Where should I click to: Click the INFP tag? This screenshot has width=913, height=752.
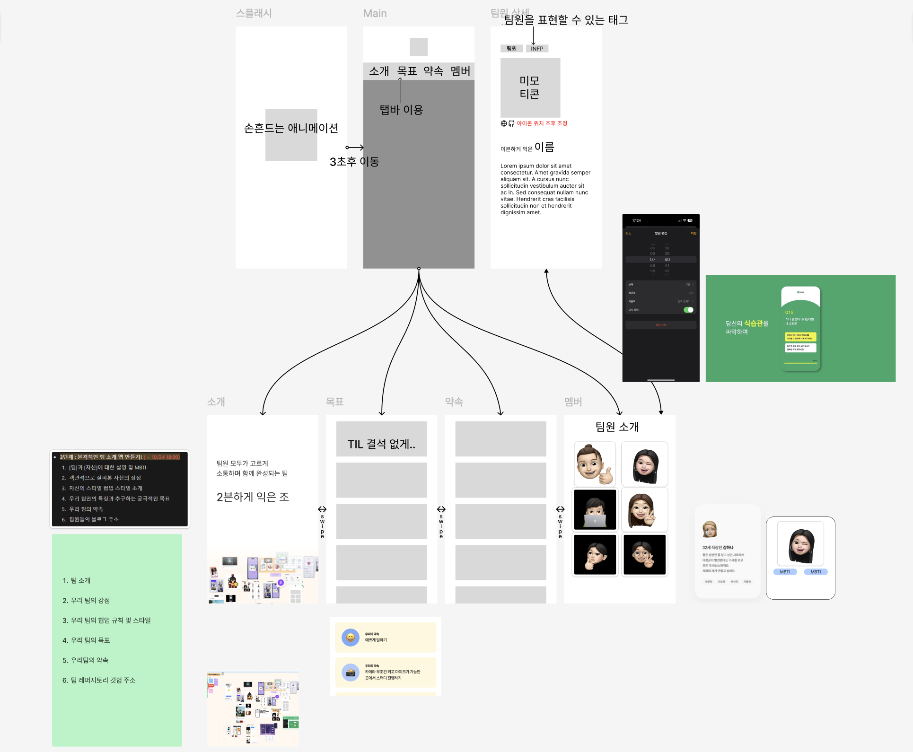point(537,49)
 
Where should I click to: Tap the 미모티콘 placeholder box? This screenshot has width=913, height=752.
point(530,87)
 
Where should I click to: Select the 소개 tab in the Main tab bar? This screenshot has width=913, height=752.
point(379,71)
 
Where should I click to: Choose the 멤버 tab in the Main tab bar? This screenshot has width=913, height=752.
point(460,71)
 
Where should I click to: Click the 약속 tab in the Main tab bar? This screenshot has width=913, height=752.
point(433,71)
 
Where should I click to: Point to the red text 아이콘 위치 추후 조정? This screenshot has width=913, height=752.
point(542,123)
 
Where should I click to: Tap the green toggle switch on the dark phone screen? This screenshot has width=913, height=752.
point(688,310)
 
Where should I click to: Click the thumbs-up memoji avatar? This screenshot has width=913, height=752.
point(595,464)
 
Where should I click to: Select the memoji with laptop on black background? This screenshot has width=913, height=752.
point(595,509)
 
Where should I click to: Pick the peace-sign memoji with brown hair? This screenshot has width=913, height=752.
point(644,509)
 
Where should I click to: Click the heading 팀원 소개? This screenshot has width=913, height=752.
point(617,427)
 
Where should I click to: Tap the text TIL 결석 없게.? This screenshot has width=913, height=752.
point(381,444)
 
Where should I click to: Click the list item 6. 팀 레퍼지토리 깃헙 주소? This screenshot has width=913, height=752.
point(99,680)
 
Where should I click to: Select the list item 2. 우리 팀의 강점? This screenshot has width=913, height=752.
point(86,600)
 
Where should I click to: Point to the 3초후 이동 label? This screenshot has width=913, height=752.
point(354,162)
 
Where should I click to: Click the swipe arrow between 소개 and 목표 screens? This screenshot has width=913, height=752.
point(322,509)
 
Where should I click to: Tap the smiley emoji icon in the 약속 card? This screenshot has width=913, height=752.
point(351,637)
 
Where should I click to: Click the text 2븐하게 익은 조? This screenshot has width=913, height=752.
point(253,497)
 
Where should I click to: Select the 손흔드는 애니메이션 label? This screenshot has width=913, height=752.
point(291,128)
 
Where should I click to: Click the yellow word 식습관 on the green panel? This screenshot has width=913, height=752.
point(754,324)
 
